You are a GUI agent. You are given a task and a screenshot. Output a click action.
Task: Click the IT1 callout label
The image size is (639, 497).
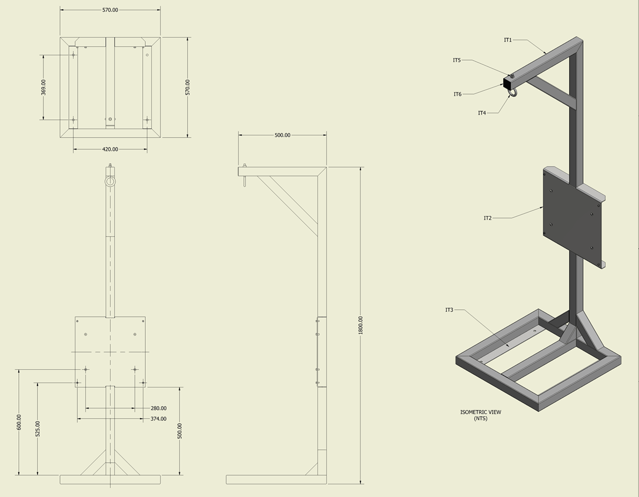click(508, 40)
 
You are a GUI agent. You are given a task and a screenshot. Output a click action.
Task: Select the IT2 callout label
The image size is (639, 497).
click(487, 218)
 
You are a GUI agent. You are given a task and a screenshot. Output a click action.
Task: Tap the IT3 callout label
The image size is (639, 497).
click(449, 310)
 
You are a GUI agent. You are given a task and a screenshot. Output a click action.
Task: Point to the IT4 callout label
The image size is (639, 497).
click(482, 113)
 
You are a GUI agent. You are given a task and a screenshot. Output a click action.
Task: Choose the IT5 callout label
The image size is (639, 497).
click(457, 60)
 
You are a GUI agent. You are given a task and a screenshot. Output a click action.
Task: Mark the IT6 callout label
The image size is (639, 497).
click(457, 94)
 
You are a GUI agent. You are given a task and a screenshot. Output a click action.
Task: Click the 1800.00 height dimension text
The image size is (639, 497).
click(361, 325)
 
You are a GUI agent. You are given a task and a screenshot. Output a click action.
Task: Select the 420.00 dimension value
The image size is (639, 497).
click(110, 149)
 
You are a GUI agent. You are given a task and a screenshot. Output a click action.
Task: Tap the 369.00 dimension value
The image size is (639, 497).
click(43, 87)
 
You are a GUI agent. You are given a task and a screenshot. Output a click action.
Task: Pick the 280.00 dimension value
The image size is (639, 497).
click(158, 408)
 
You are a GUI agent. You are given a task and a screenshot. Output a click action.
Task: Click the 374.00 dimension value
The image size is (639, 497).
click(158, 419)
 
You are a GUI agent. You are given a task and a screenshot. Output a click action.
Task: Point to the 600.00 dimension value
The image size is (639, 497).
click(19, 422)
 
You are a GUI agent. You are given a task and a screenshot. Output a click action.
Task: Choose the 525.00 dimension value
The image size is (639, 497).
click(37, 428)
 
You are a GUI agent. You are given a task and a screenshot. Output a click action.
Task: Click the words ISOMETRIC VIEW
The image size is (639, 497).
click(480, 412)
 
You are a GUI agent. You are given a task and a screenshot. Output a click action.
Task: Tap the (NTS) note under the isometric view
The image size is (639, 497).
click(480, 419)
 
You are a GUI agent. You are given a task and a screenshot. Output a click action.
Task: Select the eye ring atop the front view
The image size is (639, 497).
click(110, 181)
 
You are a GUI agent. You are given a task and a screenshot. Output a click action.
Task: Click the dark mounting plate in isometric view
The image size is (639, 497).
click(572, 217)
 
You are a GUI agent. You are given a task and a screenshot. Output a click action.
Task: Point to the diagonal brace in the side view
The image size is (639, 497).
click(288, 206)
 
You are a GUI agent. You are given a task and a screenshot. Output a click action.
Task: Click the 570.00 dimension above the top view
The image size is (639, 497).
click(110, 10)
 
